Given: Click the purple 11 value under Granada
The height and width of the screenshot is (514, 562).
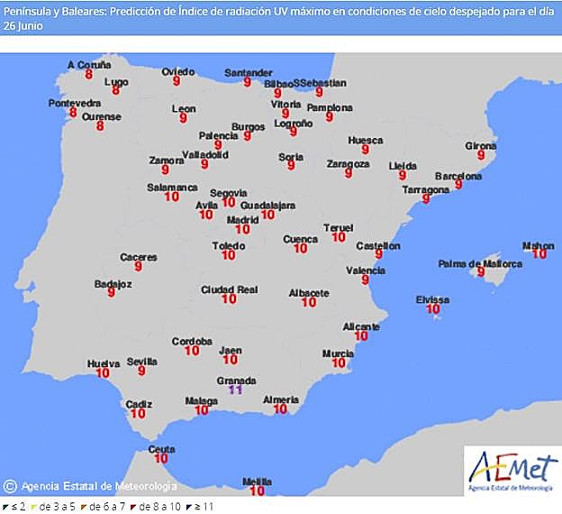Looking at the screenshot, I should click(x=237, y=390).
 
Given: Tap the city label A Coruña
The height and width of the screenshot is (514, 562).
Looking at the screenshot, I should click(x=90, y=65).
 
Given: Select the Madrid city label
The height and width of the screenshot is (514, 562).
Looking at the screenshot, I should click(x=242, y=219).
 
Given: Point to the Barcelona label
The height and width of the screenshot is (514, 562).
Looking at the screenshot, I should click(x=458, y=176).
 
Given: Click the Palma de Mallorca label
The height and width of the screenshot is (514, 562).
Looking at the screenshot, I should click(x=480, y=264).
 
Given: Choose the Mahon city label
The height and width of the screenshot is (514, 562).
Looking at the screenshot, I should click(x=539, y=245).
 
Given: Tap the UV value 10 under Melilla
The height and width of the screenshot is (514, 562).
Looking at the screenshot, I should click(x=257, y=491).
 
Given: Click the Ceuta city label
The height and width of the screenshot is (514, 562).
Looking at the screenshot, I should click(x=160, y=449).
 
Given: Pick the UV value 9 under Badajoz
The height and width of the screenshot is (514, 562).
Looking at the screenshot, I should click(x=112, y=293).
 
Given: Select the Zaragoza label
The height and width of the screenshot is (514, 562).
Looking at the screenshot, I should click(x=348, y=164).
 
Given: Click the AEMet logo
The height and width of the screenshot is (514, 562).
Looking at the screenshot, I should click(x=511, y=470).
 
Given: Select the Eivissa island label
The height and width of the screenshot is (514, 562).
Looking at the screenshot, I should click(x=433, y=299).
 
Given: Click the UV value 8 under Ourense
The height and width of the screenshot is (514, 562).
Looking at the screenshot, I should click(x=100, y=127).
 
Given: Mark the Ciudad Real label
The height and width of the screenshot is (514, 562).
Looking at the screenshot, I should click(x=229, y=289).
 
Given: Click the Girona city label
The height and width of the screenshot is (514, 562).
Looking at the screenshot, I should click(x=481, y=146).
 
